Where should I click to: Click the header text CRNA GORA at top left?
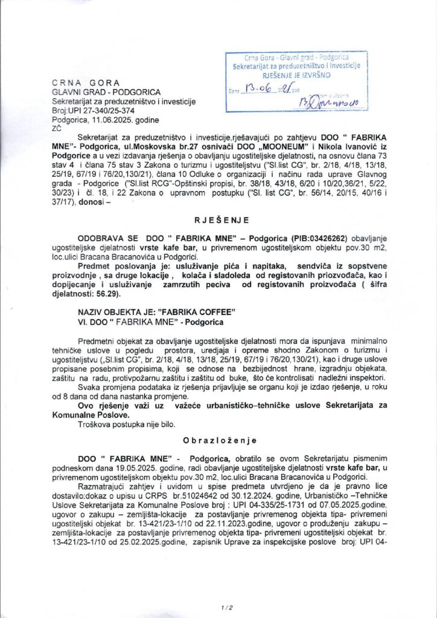click(x=86, y=83)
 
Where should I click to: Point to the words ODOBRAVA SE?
click(x=106, y=239)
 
